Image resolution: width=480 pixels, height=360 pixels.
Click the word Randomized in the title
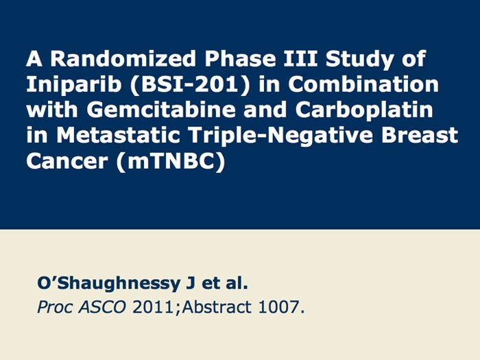coord(123,58)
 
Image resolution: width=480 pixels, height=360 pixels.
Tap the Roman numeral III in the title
coord(300,58)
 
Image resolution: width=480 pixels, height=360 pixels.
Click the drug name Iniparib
coord(73,85)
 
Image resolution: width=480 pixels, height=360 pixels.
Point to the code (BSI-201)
coord(190,84)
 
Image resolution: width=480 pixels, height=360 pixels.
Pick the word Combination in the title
coord(363,84)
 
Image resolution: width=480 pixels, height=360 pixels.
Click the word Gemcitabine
coord(161,109)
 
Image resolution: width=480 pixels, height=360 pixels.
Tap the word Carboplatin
coord(364,110)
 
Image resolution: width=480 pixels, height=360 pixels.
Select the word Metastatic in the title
coord(118,135)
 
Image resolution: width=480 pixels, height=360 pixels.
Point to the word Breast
coord(420,135)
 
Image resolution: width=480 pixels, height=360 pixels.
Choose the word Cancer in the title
coord(67,160)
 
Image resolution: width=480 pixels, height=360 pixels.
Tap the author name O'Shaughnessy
coord(108,284)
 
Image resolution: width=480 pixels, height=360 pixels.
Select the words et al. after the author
coord(225,283)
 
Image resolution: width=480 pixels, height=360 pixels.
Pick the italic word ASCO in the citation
coord(102,307)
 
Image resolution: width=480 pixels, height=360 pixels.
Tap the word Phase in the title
coord(240,58)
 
